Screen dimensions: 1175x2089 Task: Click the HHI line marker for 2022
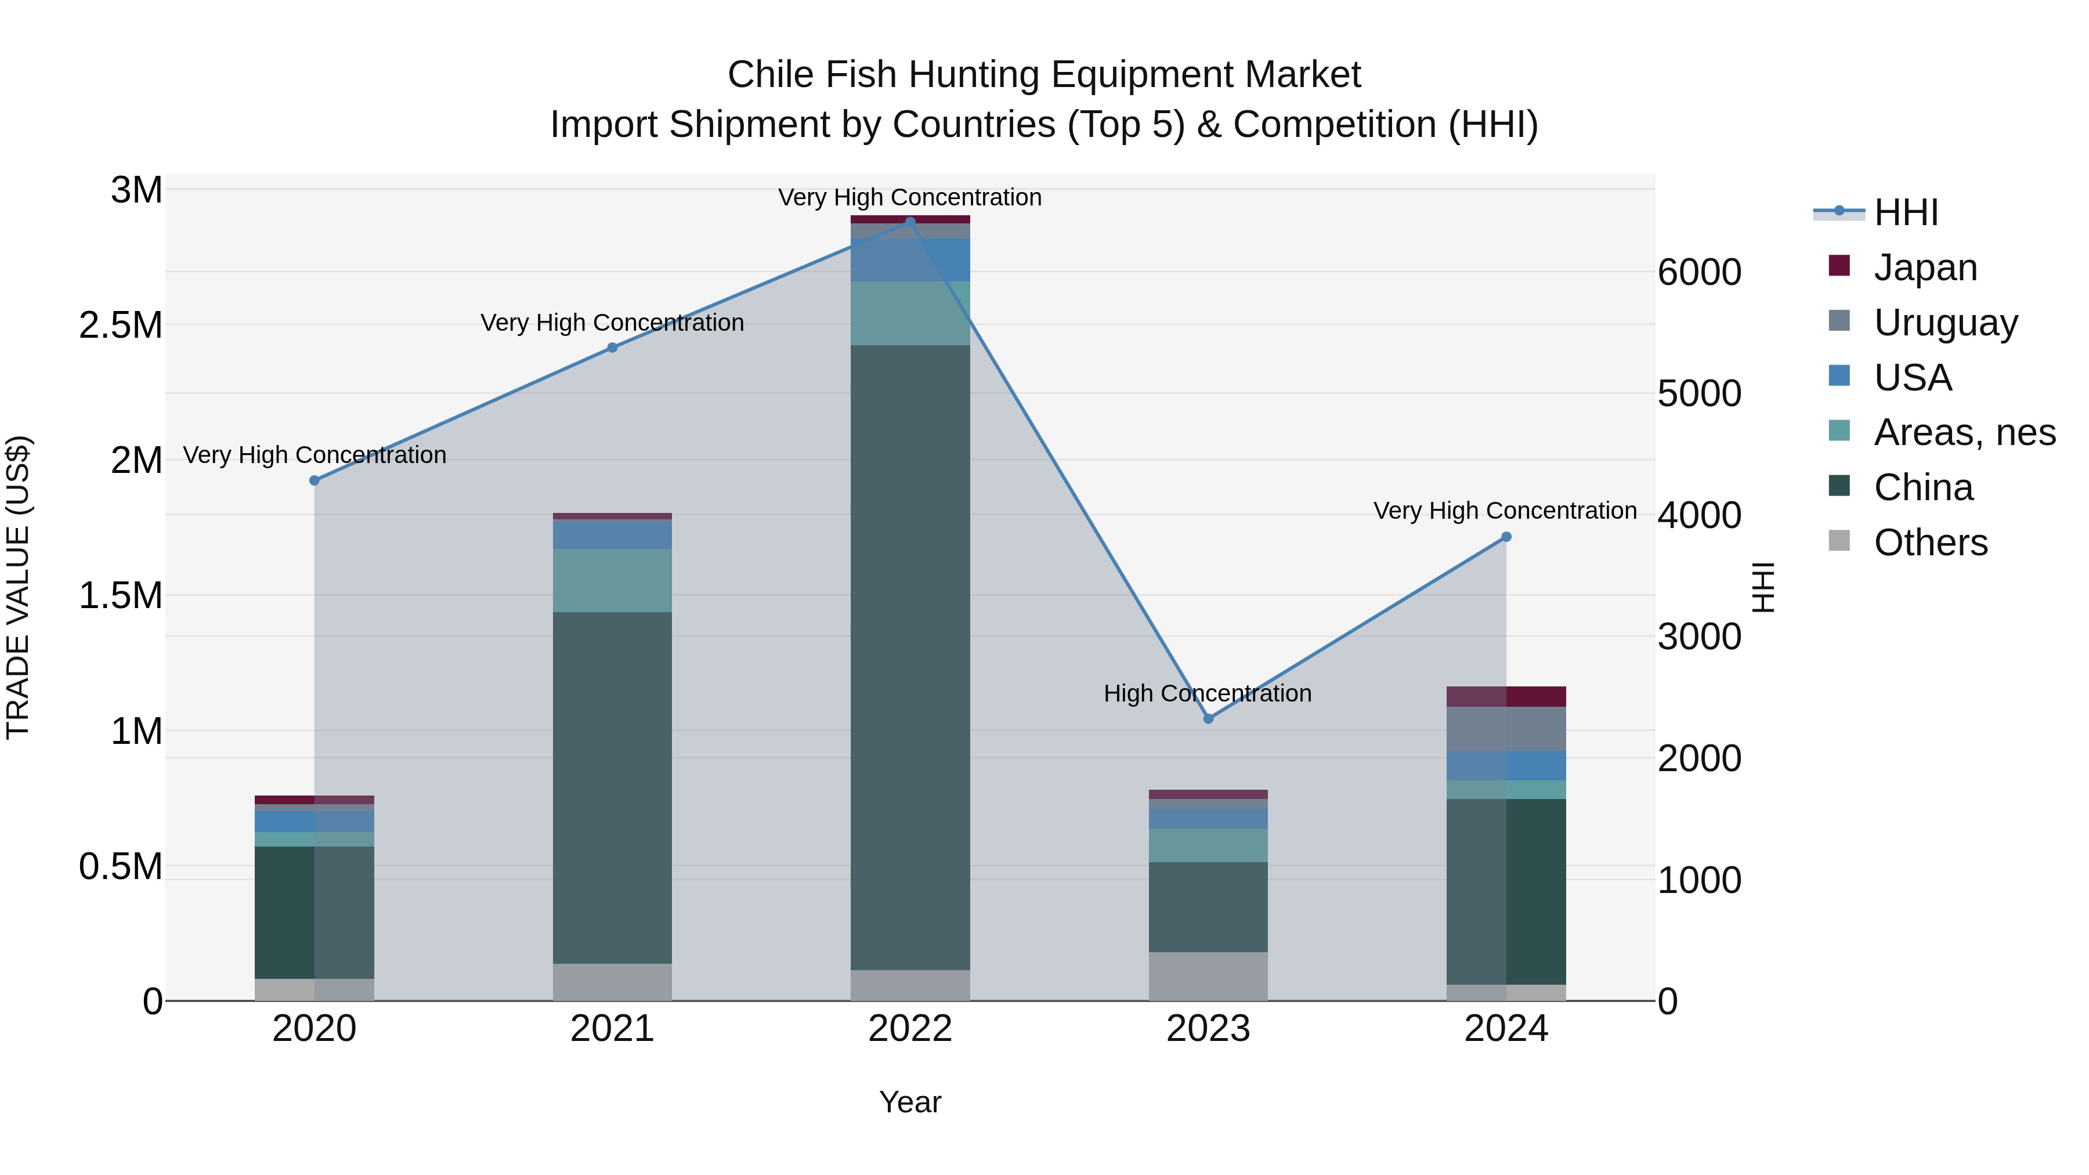click(x=910, y=222)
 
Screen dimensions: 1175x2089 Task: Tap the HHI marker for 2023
click(x=1208, y=718)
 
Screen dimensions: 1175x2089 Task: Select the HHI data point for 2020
click(x=315, y=480)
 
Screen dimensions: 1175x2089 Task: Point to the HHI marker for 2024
click(x=1506, y=537)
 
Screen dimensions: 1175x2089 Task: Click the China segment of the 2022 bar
click(x=910, y=657)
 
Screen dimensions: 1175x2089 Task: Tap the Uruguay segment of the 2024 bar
click(x=1506, y=728)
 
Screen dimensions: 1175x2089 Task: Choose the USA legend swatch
click(x=1840, y=376)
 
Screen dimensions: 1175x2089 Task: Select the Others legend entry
click(x=1930, y=543)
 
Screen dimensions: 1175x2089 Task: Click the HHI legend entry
click(x=1906, y=212)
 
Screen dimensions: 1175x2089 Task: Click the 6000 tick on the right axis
click(x=1699, y=273)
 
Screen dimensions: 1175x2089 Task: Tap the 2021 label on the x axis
click(x=612, y=1029)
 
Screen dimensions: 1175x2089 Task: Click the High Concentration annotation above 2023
click(x=1208, y=693)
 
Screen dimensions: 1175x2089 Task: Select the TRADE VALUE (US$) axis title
click(x=19, y=587)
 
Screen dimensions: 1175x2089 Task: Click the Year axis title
click(x=910, y=1102)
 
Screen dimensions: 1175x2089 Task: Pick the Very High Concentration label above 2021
click(x=612, y=323)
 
